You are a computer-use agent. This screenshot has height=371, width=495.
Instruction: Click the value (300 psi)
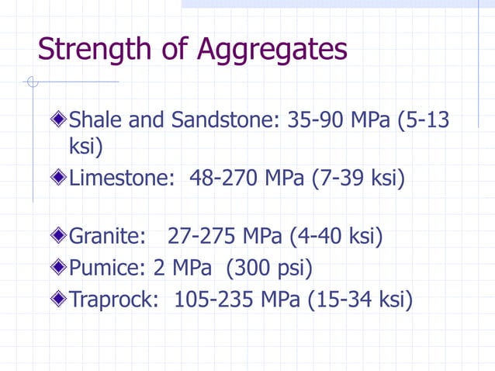tap(268, 269)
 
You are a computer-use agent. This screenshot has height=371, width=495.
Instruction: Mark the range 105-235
tap(216, 299)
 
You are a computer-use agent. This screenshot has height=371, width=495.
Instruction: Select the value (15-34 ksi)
tap(359, 299)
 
